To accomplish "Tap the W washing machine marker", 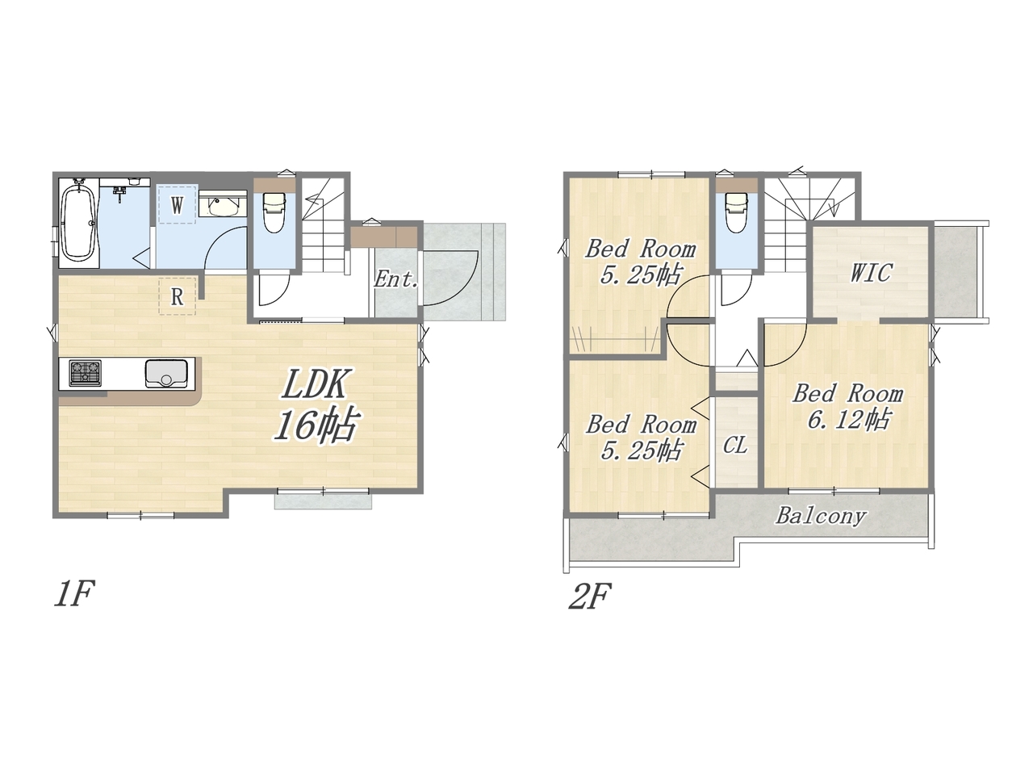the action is (177, 205).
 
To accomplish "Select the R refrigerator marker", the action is (177, 296).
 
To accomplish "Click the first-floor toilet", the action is (274, 212).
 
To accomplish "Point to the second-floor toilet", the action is (737, 212).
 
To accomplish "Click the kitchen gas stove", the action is (86, 373).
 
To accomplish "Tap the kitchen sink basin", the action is (165, 374).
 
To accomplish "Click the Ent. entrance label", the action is (395, 280).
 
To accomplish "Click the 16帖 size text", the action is (316, 425).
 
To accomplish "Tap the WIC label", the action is (871, 273).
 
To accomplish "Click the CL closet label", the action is (735, 445).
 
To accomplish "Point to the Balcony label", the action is (821, 516).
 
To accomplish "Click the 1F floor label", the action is (74, 594).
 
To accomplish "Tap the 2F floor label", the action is (590, 596).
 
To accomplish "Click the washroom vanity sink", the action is (223, 207).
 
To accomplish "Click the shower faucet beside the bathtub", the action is (121, 192).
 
